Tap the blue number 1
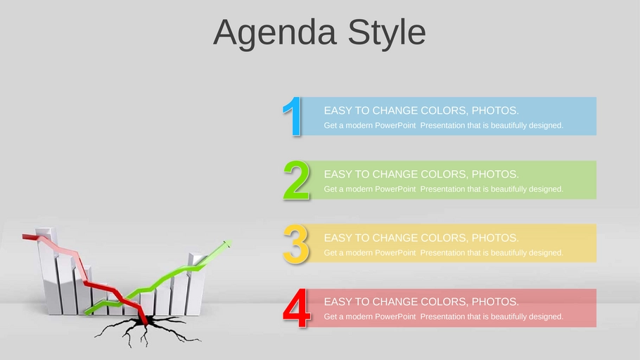click(293, 116)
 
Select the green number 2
click(297, 180)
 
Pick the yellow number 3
click(296, 244)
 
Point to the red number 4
click(297, 308)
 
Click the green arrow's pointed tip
click(231, 241)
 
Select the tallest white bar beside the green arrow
click(196, 283)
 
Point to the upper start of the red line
click(24, 236)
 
